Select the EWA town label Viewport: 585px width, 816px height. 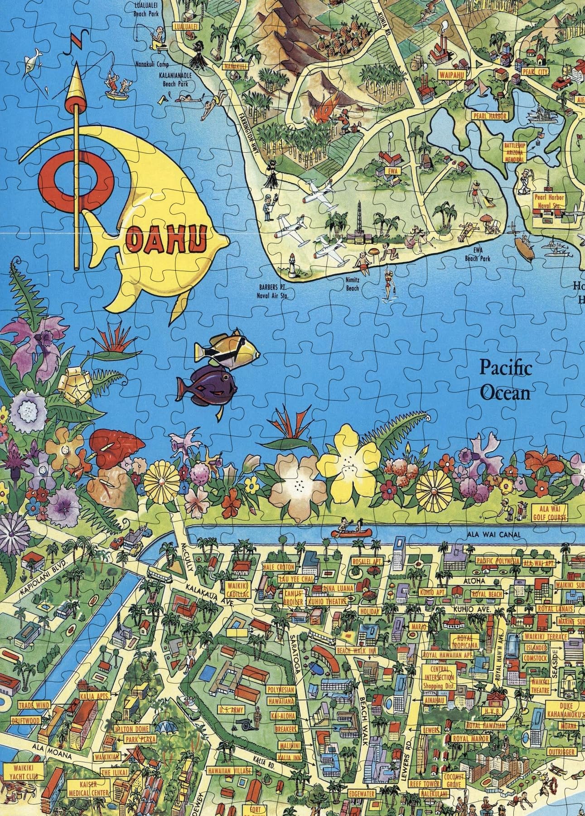(x=392, y=172)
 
